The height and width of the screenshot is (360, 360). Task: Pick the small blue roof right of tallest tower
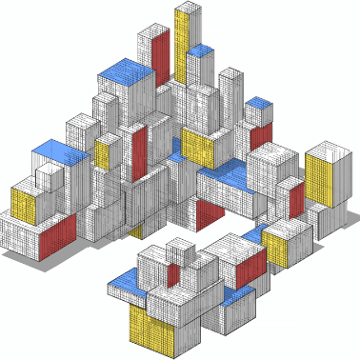200,50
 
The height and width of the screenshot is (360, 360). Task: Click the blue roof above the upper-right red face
257,105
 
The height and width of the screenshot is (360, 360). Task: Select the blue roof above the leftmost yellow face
59,150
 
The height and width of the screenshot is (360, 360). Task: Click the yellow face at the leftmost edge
24,206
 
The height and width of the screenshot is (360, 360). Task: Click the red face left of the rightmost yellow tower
296,200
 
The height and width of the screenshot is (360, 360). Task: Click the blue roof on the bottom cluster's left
125,281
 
